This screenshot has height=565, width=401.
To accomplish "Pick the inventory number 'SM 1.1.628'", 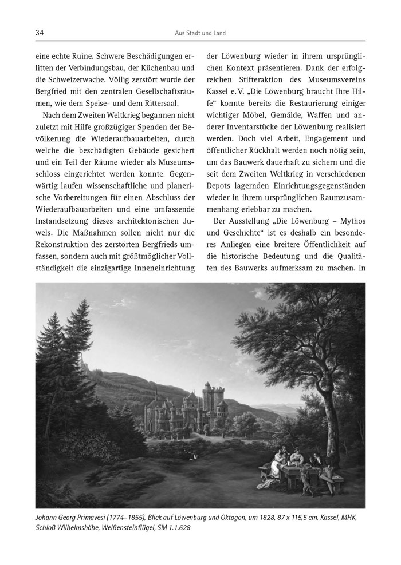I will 170,528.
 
